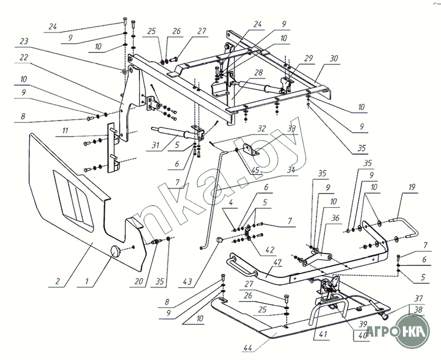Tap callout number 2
pos(57,281)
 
